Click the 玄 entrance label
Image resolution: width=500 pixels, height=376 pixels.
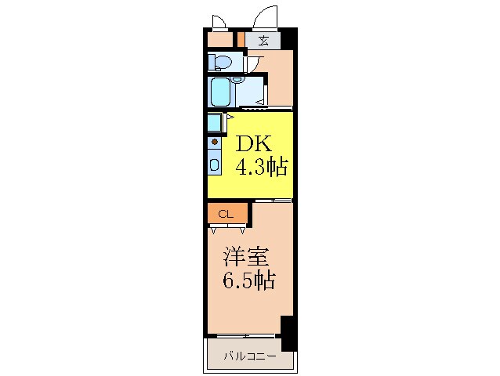(263, 41)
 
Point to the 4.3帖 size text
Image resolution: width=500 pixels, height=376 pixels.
(262, 166)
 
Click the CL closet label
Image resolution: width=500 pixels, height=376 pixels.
(226, 213)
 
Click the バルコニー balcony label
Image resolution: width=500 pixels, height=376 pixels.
(249, 356)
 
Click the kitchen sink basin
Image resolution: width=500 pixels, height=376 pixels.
(215, 165)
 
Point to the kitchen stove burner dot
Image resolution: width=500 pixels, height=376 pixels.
(214, 143)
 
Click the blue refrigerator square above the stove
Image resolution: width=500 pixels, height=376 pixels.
(215, 123)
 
